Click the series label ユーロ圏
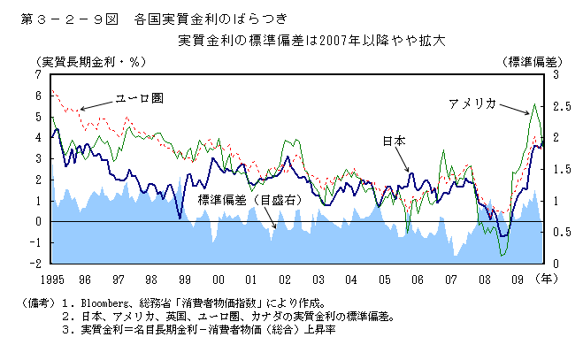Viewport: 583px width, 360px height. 139,97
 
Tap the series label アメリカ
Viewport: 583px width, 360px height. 472,103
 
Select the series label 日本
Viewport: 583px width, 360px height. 395,141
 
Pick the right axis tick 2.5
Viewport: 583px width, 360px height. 556,106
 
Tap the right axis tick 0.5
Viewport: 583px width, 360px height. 556,233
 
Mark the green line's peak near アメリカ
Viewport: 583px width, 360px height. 533,104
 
